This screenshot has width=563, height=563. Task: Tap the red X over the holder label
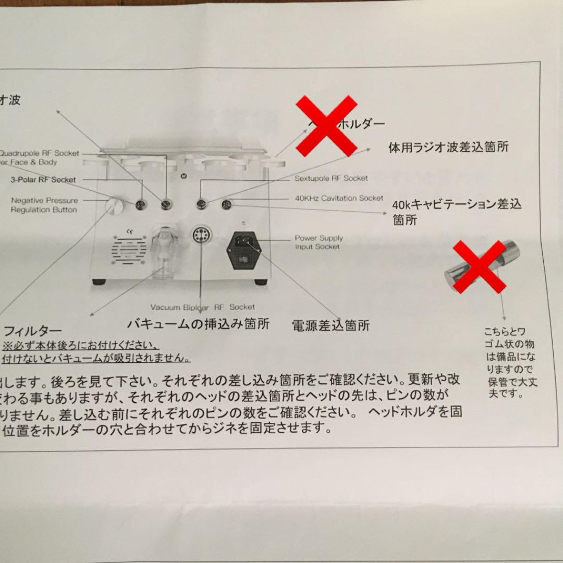327,126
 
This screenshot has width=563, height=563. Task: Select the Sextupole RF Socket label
331,178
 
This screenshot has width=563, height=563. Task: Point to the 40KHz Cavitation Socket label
339,198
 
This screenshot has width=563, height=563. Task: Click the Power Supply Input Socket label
319,242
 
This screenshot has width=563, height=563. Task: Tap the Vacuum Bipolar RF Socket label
203,307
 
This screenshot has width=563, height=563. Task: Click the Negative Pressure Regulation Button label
44,205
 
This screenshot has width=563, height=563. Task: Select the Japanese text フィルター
33,331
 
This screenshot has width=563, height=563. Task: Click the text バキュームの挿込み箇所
199,324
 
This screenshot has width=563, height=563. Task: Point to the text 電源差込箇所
331,326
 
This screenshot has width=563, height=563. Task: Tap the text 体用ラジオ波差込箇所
448,148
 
